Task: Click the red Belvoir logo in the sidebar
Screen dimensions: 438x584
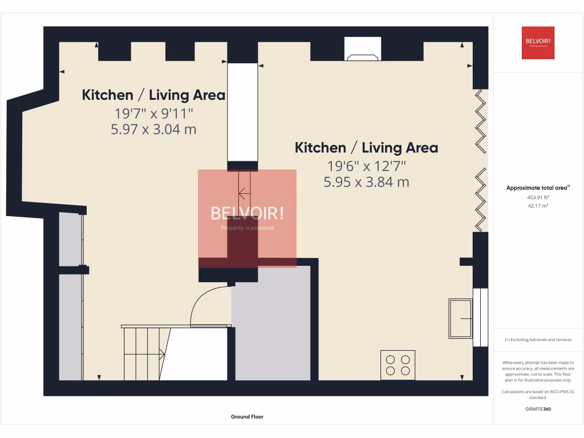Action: pyautogui.click(x=538, y=43)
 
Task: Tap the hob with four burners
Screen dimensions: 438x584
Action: pyautogui.click(x=398, y=365)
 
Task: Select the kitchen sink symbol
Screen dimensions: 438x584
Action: pyautogui.click(x=460, y=318)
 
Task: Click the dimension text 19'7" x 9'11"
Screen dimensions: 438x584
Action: pyautogui.click(x=154, y=113)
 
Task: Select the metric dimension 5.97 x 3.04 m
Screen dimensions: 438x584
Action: pyautogui.click(x=154, y=129)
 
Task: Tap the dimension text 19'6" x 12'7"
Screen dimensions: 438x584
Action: pyautogui.click(x=366, y=166)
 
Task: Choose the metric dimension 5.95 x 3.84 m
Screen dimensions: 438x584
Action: pyautogui.click(x=366, y=182)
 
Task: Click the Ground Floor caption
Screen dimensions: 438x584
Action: pyautogui.click(x=247, y=417)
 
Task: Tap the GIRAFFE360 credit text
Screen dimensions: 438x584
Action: pyautogui.click(x=538, y=408)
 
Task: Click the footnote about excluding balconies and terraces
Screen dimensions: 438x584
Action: pyautogui.click(x=538, y=339)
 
